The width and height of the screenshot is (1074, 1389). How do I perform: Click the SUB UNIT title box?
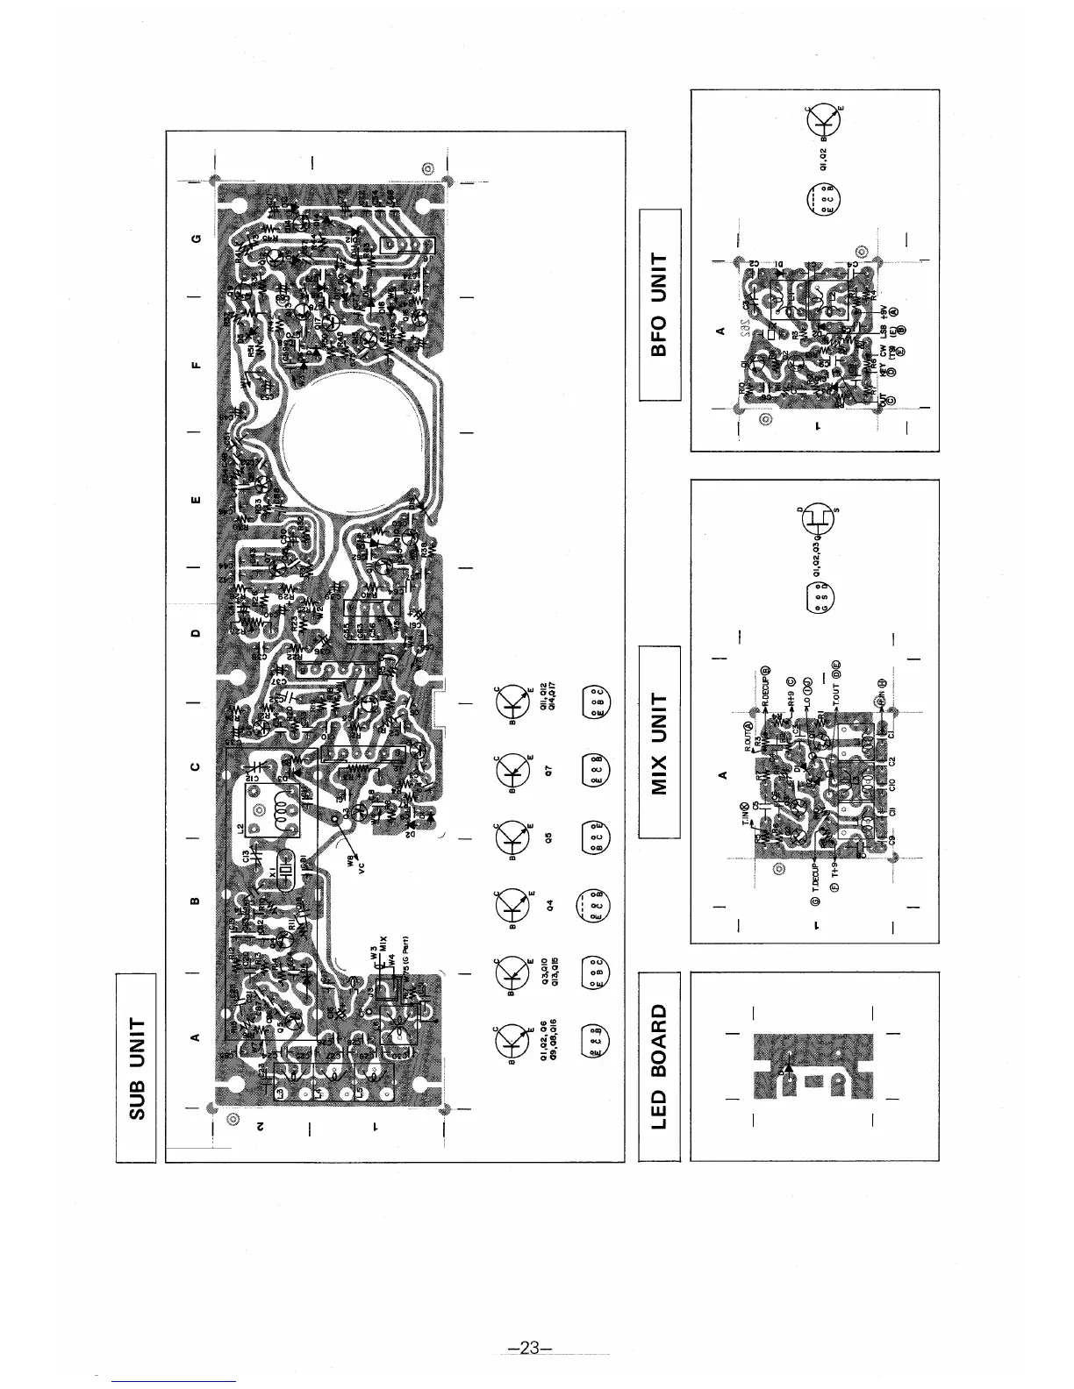(x=135, y=1067)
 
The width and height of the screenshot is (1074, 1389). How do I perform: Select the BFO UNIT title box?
(x=660, y=304)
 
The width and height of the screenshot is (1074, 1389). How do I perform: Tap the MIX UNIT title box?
(x=660, y=742)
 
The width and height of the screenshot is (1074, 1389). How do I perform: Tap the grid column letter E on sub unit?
(x=196, y=502)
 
